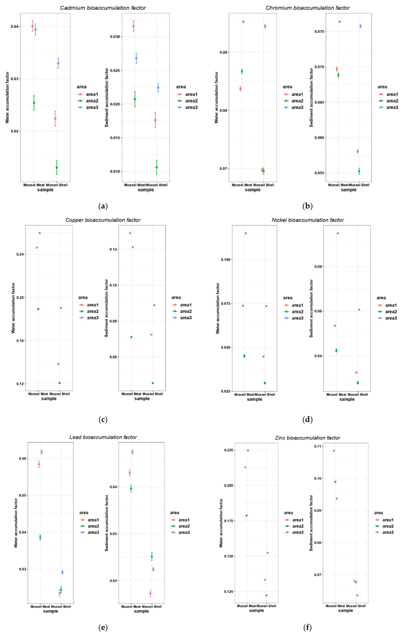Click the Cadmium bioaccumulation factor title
click(x=103, y=8)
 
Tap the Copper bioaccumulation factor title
click(x=103, y=220)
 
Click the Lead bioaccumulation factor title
click(x=103, y=437)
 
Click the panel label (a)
click(x=103, y=206)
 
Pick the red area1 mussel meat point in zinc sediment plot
click(x=334, y=451)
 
